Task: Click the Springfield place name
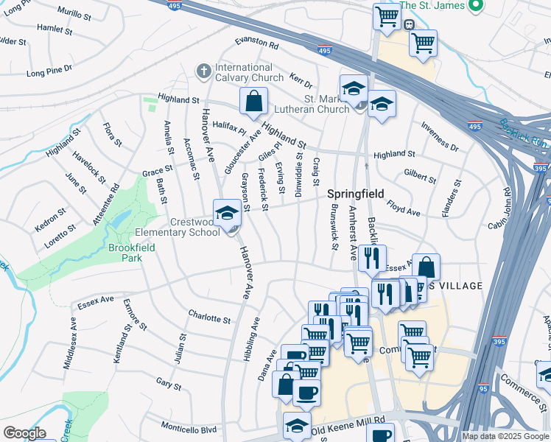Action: [x=355, y=194]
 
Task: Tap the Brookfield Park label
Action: [x=124, y=253]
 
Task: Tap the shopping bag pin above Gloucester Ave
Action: [x=253, y=102]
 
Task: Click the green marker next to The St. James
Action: [x=475, y=7]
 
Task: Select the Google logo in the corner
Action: [x=24, y=433]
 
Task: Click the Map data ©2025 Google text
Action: [x=505, y=436]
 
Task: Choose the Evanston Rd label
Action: [x=256, y=44]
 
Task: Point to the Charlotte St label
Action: [x=209, y=318]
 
